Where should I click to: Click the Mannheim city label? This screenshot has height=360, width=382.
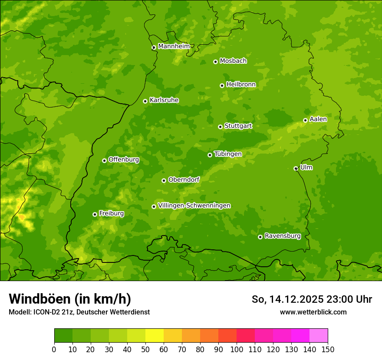coord(174,46)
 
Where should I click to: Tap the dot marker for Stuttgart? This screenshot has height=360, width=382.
coord(220,127)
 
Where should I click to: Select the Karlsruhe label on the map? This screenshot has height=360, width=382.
coord(164,100)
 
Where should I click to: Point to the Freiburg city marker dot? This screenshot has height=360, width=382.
coord(95,214)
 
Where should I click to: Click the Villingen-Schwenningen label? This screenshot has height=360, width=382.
coord(194,206)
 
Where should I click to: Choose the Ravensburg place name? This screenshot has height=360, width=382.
coord(283,236)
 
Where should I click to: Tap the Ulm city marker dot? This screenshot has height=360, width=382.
coord(296,168)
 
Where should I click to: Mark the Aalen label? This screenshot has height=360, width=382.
coord(318,119)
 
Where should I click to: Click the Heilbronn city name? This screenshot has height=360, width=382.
coord(241,85)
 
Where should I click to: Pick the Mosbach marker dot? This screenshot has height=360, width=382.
coord(215,62)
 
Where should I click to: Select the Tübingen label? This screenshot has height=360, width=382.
coord(228,154)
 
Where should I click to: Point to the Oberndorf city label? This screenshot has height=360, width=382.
coord(184,180)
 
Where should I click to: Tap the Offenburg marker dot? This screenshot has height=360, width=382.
coord(104,160)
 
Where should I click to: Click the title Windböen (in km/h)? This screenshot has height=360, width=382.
coord(70,299)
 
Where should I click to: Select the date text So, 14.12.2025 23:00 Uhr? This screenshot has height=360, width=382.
coord(312,299)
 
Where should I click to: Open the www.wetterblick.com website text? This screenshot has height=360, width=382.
coord(313,312)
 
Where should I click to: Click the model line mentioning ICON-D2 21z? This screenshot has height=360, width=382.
coord(79,312)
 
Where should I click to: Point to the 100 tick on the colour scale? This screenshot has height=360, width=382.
coord(237,350)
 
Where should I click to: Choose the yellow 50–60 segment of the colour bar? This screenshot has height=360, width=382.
coord(155,336)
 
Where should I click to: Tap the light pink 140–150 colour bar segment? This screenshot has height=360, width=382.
coord(319,336)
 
